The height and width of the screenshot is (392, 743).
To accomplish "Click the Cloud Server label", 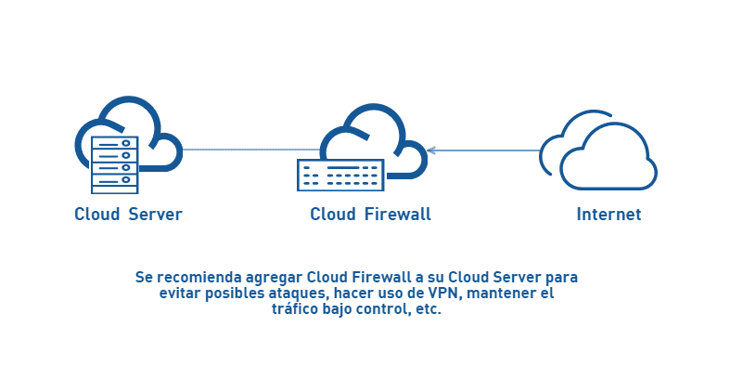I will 128,215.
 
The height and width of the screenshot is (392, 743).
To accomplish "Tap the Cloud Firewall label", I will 370,215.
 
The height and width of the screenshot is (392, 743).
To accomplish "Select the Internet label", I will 608,215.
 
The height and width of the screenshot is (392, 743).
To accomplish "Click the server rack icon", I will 114,163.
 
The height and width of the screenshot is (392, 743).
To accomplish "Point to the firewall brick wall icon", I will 339,175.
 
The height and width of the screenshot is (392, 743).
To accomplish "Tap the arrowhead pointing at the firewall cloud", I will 431,150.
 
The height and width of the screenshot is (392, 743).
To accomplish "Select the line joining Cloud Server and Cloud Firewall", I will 250,150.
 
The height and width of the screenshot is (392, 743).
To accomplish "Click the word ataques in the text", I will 294,294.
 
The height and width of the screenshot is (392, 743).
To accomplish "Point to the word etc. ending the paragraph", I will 428,310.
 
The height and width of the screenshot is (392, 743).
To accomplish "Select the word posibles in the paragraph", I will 231,294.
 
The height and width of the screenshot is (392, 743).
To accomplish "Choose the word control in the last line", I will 382,310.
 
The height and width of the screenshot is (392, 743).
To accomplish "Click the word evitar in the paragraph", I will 179,294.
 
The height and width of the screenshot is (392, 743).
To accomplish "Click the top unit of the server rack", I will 114,144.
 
